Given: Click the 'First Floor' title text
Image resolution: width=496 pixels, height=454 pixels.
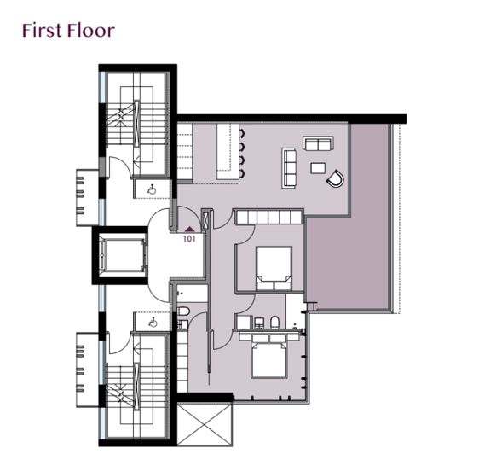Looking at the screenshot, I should coord(68,31).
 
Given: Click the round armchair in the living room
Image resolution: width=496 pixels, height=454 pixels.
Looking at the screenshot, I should coord(336,178).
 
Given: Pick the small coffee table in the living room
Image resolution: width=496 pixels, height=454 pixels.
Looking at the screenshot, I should coord(318,167).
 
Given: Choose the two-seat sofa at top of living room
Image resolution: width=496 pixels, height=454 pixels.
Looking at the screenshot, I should coord(318,143).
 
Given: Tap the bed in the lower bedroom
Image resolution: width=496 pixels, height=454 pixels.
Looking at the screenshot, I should coord(272,358).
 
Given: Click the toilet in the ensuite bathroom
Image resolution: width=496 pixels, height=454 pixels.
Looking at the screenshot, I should coord(275,323).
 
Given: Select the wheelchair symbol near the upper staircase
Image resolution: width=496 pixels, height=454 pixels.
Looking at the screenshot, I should coord(151,189).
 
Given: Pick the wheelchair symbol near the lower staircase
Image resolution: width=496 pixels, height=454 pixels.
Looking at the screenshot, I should coord(152,322).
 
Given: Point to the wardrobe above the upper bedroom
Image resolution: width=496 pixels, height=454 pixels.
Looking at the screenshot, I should coord(269,218).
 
